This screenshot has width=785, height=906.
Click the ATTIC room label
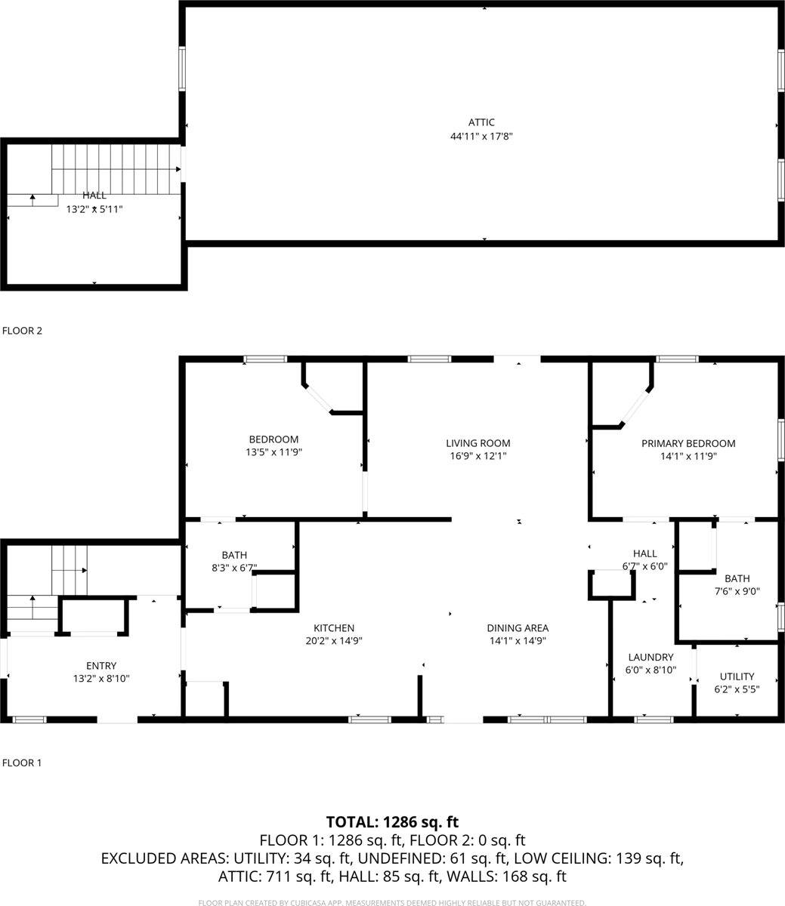[481, 122]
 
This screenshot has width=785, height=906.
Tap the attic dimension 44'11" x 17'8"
[481, 137]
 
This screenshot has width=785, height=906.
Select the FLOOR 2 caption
[23, 331]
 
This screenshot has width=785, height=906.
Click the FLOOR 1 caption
[23, 763]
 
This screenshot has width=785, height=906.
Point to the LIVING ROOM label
[477, 443]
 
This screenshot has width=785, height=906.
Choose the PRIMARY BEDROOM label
[688, 443]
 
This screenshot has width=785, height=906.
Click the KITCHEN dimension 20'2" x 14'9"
[334, 641]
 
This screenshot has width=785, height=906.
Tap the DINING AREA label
[518, 627]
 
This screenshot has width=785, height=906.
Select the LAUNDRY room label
[650, 657]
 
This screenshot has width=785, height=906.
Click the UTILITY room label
[736, 676]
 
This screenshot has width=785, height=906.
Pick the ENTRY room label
[101, 665]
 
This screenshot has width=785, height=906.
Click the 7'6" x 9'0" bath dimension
[737, 592]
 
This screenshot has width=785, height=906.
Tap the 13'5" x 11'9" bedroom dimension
[274, 452]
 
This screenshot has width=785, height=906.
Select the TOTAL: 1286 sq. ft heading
[392, 822]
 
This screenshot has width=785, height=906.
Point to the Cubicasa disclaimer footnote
[392, 902]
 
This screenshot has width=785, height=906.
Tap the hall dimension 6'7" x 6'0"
[644, 566]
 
